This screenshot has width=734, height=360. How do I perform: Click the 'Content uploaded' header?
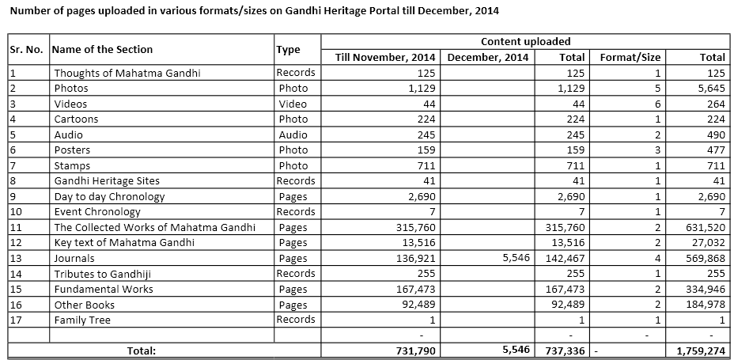525,41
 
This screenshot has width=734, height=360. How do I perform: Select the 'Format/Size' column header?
630,57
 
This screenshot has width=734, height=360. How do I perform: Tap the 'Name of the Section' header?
102,49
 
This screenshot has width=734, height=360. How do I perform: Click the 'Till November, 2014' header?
385,57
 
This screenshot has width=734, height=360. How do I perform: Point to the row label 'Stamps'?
72,165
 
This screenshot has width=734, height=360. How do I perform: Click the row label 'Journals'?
74,258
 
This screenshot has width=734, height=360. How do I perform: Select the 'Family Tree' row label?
82,320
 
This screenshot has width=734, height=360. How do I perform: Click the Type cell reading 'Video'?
293,104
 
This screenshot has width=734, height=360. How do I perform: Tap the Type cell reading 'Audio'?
293,135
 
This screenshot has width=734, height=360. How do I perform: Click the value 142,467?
563,258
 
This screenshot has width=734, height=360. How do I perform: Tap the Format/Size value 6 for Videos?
657,104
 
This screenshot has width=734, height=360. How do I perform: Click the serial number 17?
16,320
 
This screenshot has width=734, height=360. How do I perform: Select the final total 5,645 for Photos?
708,88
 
